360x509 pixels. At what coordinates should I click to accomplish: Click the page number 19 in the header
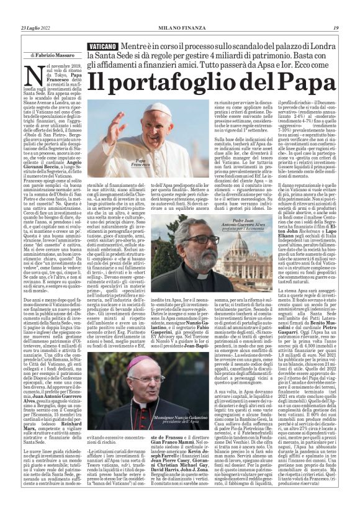336,27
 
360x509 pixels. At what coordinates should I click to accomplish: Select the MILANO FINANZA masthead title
180,27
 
